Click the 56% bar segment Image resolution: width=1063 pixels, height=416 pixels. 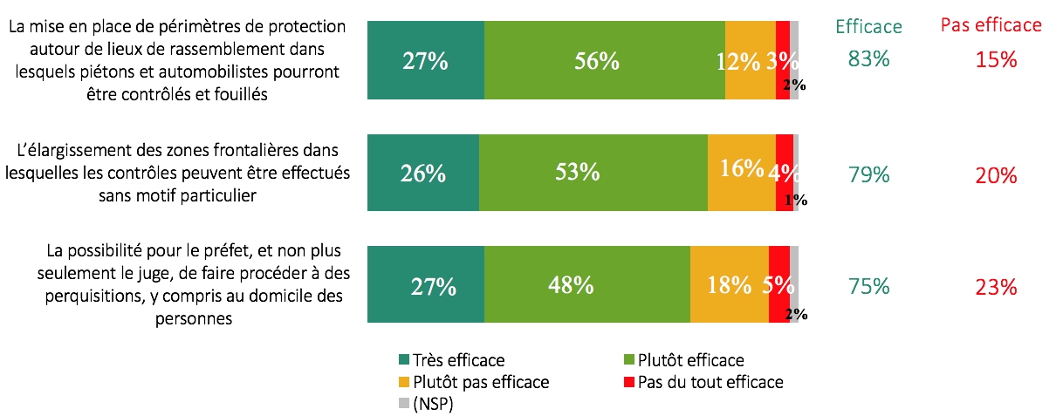pos(604,60)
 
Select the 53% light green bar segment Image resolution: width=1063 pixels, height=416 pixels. pos(593,173)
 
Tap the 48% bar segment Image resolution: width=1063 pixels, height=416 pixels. pos(586,284)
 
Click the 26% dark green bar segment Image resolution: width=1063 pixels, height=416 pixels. pos(423,173)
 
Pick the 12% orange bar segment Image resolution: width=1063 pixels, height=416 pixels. pos(750,60)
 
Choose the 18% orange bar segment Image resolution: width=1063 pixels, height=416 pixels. pos(729,284)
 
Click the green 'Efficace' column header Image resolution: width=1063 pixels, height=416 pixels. pos(868,26)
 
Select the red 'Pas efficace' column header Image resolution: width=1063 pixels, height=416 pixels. pos(991,24)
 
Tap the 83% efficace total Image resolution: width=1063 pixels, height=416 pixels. pos(868,59)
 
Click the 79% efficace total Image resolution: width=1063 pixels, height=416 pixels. pos(868,174)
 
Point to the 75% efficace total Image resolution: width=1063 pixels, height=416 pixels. pos(868,286)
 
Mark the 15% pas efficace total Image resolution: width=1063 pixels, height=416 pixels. pos(996,59)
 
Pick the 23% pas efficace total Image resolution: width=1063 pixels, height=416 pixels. pos(996,286)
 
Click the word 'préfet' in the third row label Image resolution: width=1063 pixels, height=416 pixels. pos(226,252)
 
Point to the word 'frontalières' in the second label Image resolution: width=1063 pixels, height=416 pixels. pos(247,150)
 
